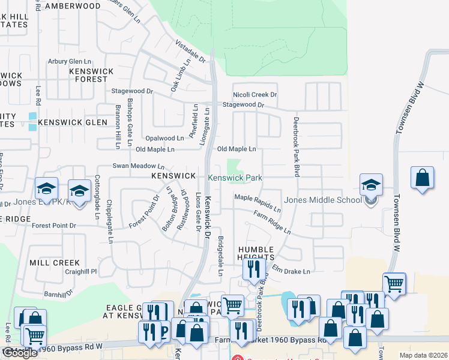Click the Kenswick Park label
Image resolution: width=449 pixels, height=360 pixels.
click(x=235, y=178)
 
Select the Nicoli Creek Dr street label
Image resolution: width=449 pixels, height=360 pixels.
click(x=255, y=95)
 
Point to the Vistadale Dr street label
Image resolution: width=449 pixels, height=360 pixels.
click(x=190, y=52)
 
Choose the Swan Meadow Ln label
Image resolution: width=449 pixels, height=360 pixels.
click(x=139, y=166)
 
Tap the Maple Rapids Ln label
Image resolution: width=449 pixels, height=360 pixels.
click(x=258, y=203)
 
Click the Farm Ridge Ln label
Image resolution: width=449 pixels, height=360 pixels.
click(x=271, y=223)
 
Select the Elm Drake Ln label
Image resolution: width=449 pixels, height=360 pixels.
click(x=291, y=271)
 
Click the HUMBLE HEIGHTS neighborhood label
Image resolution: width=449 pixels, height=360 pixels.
click(x=256, y=253)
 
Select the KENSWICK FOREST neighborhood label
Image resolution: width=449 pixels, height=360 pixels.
click(x=91, y=75)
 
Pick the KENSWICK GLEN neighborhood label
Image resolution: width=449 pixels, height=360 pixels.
click(x=72, y=122)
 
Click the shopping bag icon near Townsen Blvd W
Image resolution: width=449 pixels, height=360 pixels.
click(x=423, y=178)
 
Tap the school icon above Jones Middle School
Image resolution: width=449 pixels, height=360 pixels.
click(x=371, y=184)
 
